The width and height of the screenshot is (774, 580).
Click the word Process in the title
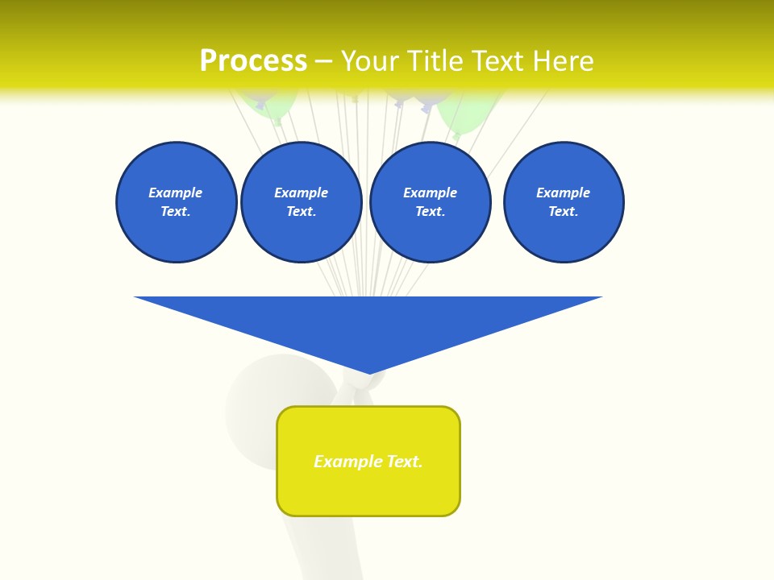point(253,61)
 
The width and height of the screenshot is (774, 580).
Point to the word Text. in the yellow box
point(405,462)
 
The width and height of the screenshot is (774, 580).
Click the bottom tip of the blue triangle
point(369,372)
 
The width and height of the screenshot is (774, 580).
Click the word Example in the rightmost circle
point(563,193)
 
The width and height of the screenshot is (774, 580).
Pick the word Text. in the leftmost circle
point(176,211)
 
